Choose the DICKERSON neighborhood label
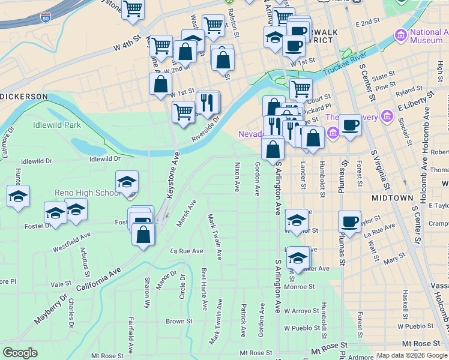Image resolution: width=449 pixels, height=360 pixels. [24, 96]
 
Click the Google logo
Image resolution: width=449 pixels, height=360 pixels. [20, 353]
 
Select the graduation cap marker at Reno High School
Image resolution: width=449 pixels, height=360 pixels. [127, 182]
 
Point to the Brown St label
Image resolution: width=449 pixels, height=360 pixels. [179, 321]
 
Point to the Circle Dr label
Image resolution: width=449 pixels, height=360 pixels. [182, 286]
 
